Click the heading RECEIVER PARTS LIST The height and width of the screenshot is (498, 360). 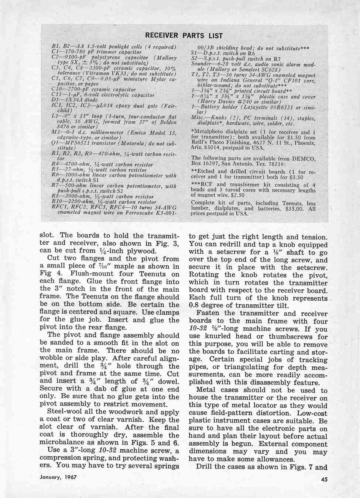pos(184,36)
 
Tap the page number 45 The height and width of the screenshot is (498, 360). pos(322,479)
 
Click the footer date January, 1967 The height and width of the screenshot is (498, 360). pos(58,477)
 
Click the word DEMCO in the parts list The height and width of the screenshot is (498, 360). pos(304,159)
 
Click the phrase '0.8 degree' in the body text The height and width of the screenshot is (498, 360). pos(208,306)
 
